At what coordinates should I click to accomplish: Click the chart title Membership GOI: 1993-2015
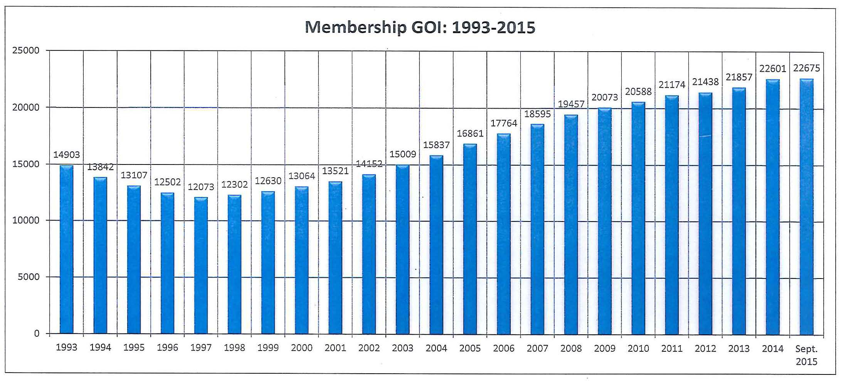tap(420, 27)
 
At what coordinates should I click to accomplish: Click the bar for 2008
tap(571, 224)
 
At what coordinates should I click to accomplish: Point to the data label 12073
tap(201, 187)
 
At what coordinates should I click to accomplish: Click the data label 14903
tap(66, 154)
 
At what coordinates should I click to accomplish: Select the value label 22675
tap(806, 68)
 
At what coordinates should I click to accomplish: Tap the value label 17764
tap(503, 123)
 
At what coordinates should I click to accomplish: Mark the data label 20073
tap(604, 97)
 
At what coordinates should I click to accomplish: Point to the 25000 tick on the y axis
tap(26, 50)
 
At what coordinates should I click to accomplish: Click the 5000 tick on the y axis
tap(29, 277)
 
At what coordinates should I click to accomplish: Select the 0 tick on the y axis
tap(37, 333)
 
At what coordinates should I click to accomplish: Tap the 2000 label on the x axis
tap(301, 348)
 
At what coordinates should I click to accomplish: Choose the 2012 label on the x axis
tap(705, 348)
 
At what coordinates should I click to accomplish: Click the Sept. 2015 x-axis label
tap(806, 355)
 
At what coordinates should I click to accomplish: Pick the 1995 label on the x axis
tap(134, 347)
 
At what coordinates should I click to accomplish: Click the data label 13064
tap(302, 176)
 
